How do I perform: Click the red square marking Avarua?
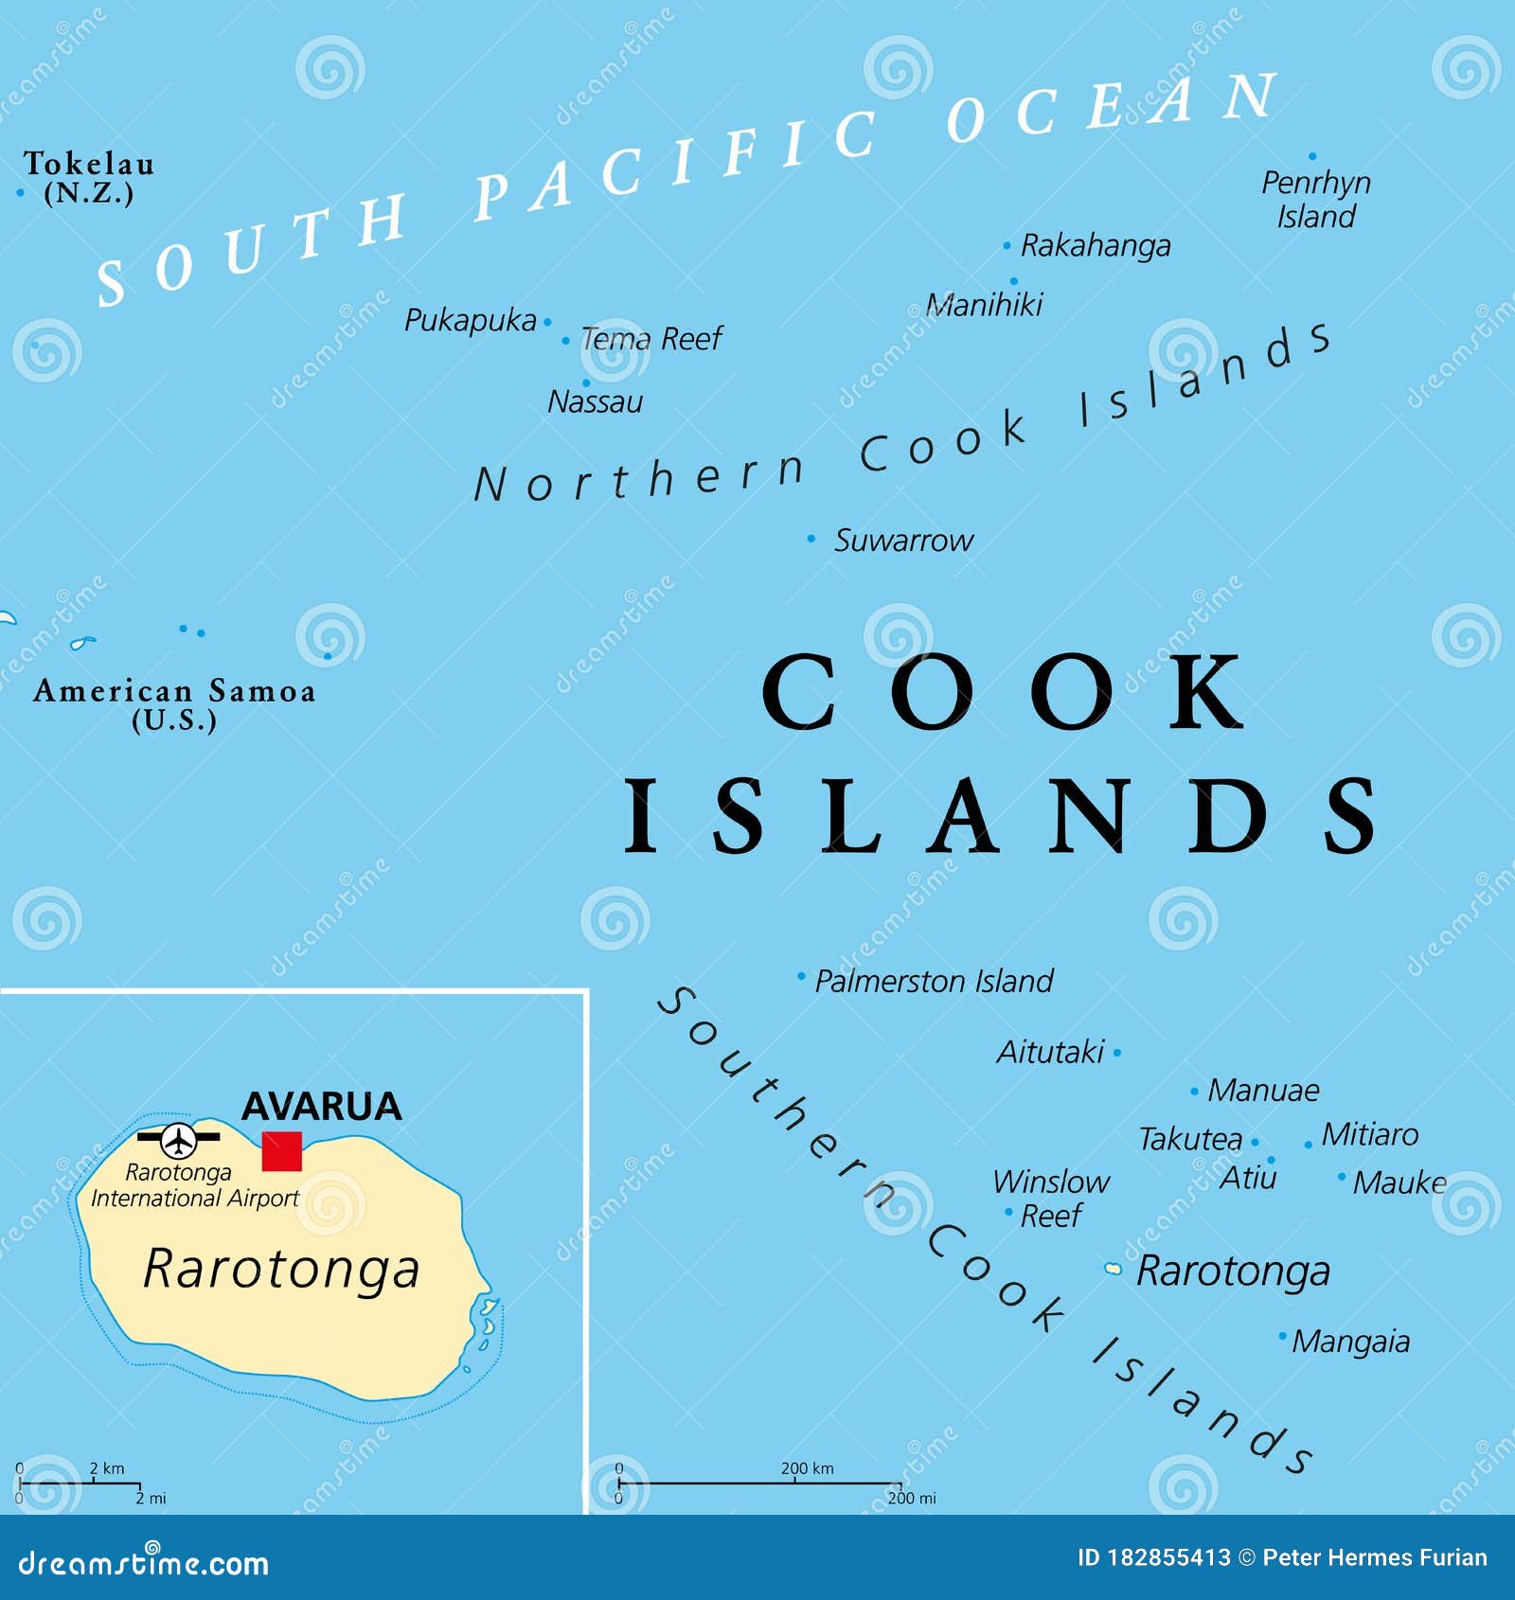point(281,1151)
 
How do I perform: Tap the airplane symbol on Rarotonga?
point(178,1139)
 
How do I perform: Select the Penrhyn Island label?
point(1315,199)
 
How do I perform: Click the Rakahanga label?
point(1095,246)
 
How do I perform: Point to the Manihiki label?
point(984,305)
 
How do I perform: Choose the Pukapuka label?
point(470,321)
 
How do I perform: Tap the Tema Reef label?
point(651,338)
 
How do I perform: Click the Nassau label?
point(595,402)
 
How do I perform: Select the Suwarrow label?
point(902,541)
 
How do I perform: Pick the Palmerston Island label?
point(934,981)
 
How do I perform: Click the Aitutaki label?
point(1050,1052)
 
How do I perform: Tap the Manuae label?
point(1263,1091)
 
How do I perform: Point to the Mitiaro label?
point(1369,1134)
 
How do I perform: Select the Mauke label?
point(1399,1182)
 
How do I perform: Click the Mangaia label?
point(1350,1342)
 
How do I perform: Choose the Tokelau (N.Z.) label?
point(88,177)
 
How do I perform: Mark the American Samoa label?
point(174,703)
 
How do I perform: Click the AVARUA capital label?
point(321,1106)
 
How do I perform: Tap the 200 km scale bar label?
point(807,1468)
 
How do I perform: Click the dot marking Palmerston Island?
point(801,975)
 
